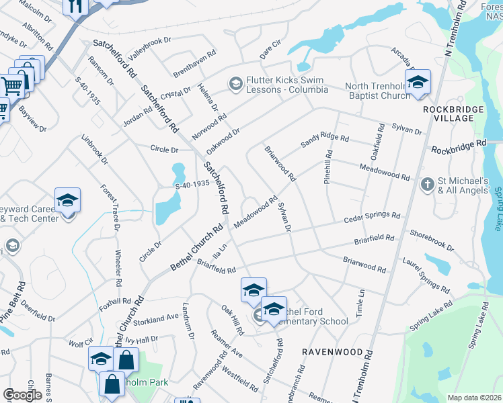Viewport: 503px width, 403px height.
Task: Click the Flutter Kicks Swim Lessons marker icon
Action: click(235, 83)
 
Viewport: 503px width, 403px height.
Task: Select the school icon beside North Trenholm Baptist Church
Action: click(418, 83)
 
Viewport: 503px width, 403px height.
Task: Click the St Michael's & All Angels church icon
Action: click(426, 183)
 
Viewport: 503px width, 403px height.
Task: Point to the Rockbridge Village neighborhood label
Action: click(449, 113)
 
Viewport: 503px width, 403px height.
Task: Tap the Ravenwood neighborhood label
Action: click(327, 352)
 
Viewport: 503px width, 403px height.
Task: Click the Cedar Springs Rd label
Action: click(372, 218)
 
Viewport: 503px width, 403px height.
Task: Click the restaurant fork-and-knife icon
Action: click(75, 6)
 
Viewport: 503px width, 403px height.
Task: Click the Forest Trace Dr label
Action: click(110, 209)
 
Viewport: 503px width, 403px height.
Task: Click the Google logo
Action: click(22, 395)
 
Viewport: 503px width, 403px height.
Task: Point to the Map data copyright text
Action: click(474, 398)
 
